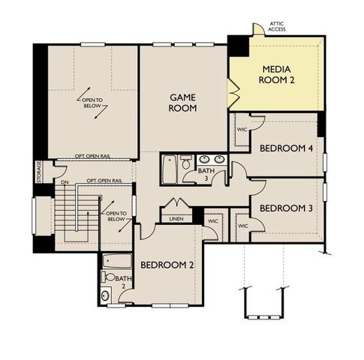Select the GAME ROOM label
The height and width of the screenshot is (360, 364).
183,103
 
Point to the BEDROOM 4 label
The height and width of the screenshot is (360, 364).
287,148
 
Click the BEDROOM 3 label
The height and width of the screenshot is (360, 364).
287,208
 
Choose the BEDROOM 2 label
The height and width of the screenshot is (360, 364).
167,265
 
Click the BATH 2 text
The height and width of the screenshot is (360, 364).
121,282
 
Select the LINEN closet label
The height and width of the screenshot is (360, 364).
176,219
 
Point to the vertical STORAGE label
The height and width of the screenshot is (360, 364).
38,172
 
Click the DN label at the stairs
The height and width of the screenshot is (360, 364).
65,182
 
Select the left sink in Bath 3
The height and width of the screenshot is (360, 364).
204,159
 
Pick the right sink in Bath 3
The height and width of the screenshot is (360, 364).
220,159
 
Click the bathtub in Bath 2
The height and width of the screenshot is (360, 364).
118,262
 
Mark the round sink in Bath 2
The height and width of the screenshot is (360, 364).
105,295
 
